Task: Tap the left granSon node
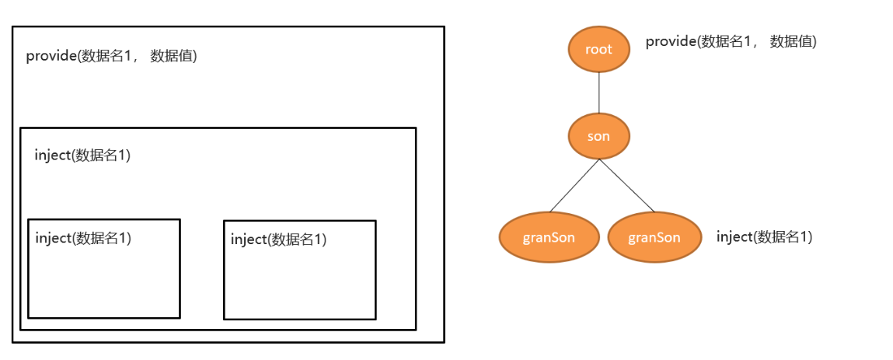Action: click(x=549, y=237)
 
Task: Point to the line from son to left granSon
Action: click(x=574, y=185)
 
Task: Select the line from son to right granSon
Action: click(x=626, y=185)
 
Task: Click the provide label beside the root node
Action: click(x=731, y=42)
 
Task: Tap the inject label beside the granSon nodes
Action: click(x=764, y=237)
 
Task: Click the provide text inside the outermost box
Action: click(x=111, y=56)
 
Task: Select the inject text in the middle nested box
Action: click(x=82, y=156)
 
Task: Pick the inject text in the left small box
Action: click(x=83, y=238)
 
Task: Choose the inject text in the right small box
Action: click(x=278, y=239)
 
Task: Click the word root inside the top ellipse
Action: click(x=598, y=49)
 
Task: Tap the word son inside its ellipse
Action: click(x=598, y=136)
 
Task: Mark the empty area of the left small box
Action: click(x=103, y=284)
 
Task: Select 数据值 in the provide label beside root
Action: click(x=793, y=42)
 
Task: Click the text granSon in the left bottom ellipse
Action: click(x=549, y=237)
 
